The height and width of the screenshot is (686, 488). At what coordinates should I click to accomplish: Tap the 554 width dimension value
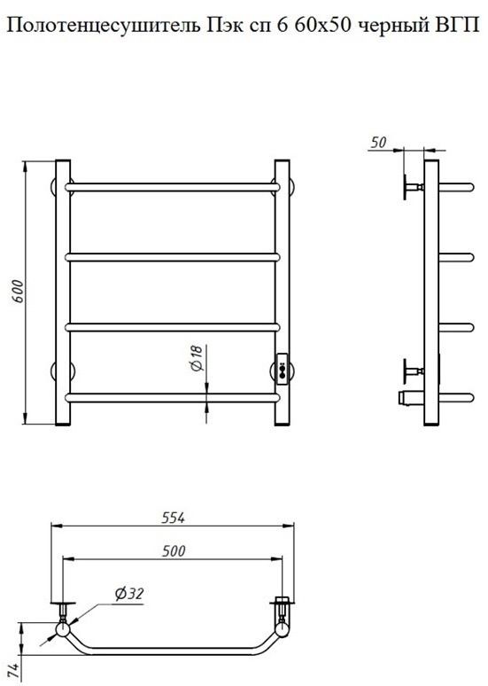click(174, 518)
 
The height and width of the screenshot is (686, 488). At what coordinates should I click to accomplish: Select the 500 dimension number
click(174, 550)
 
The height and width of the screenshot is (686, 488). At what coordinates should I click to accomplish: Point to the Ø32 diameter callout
click(129, 594)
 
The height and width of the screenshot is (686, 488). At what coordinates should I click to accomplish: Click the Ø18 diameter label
click(198, 358)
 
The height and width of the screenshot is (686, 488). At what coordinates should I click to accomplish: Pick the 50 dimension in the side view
click(378, 142)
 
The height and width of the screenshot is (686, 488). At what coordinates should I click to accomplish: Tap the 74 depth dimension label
click(14, 672)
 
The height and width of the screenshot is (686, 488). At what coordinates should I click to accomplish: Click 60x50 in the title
click(322, 27)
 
